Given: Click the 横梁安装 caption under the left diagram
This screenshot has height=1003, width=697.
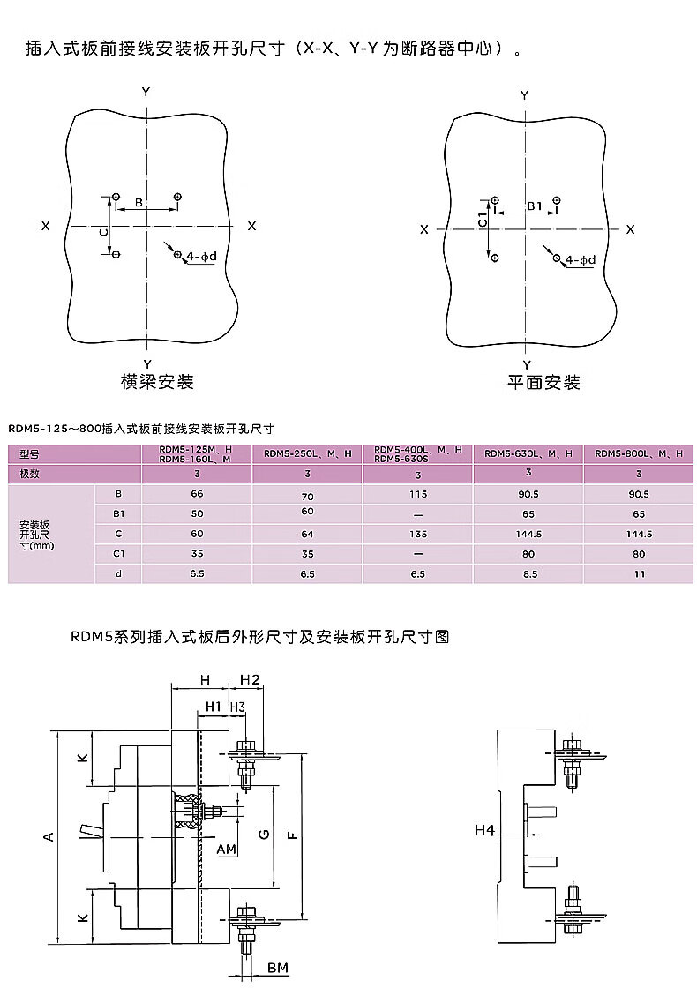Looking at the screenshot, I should (x=157, y=382).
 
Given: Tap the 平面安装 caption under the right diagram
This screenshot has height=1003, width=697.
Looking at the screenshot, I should (x=543, y=383).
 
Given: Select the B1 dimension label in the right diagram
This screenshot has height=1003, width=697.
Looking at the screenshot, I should (x=535, y=206).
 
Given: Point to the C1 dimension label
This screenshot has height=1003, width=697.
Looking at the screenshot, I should (x=482, y=221).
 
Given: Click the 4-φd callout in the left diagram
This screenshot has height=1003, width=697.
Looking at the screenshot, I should (x=199, y=257).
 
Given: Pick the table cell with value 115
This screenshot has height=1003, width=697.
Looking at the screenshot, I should (x=417, y=495).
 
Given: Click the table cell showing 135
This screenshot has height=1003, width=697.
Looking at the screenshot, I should (x=417, y=534).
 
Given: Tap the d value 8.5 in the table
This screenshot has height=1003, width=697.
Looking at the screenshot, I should (x=529, y=573).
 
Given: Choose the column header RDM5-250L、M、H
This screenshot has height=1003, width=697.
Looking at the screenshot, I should (x=307, y=453).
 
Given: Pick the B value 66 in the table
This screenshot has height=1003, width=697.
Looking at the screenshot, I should (x=197, y=495).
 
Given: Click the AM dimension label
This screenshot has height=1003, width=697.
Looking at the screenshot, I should (x=227, y=849).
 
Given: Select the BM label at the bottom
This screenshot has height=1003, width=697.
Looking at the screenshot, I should (x=278, y=969).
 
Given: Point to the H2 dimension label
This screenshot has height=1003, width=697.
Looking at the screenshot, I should (x=250, y=679).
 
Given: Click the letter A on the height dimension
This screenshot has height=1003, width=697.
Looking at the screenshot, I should (x=49, y=835).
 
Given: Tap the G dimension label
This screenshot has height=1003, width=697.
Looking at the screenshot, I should (x=265, y=835).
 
